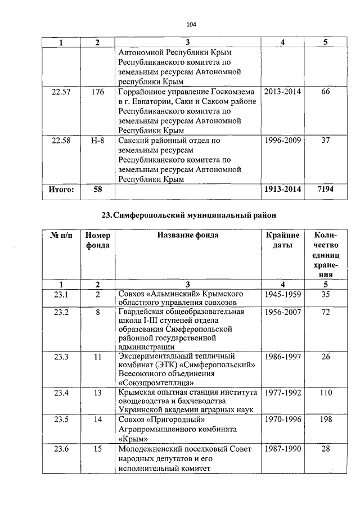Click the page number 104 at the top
(190, 24)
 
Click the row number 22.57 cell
(60, 92)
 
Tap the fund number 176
(97, 92)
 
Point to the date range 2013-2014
(282, 92)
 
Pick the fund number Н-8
(97, 141)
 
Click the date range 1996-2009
(282, 141)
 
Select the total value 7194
(325, 190)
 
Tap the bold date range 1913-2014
(282, 190)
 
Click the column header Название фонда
(187, 235)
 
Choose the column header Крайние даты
(282, 240)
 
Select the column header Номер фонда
(97, 240)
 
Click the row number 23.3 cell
(60, 357)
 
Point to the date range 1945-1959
(282, 294)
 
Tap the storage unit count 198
(325, 420)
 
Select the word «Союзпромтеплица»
(154, 384)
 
